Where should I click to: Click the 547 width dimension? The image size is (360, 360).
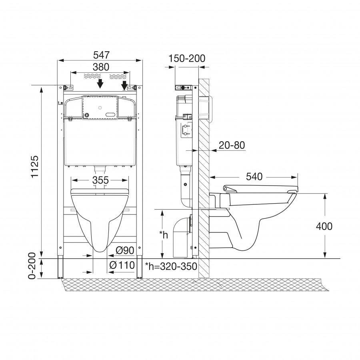click(101, 55)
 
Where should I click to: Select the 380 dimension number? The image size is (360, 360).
click(101, 67)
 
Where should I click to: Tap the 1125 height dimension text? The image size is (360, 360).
click(35, 167)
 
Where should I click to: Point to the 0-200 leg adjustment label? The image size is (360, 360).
click(32, 266)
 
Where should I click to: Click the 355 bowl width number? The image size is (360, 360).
click(100, 180)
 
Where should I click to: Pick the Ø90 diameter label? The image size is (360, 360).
click(125, 250)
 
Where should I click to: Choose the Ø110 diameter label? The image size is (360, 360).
click(122, 266)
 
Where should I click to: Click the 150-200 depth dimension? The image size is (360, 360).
click(187, 58)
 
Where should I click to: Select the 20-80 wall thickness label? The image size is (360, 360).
click(232, 145)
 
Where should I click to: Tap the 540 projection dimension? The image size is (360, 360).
click(254, 176)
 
